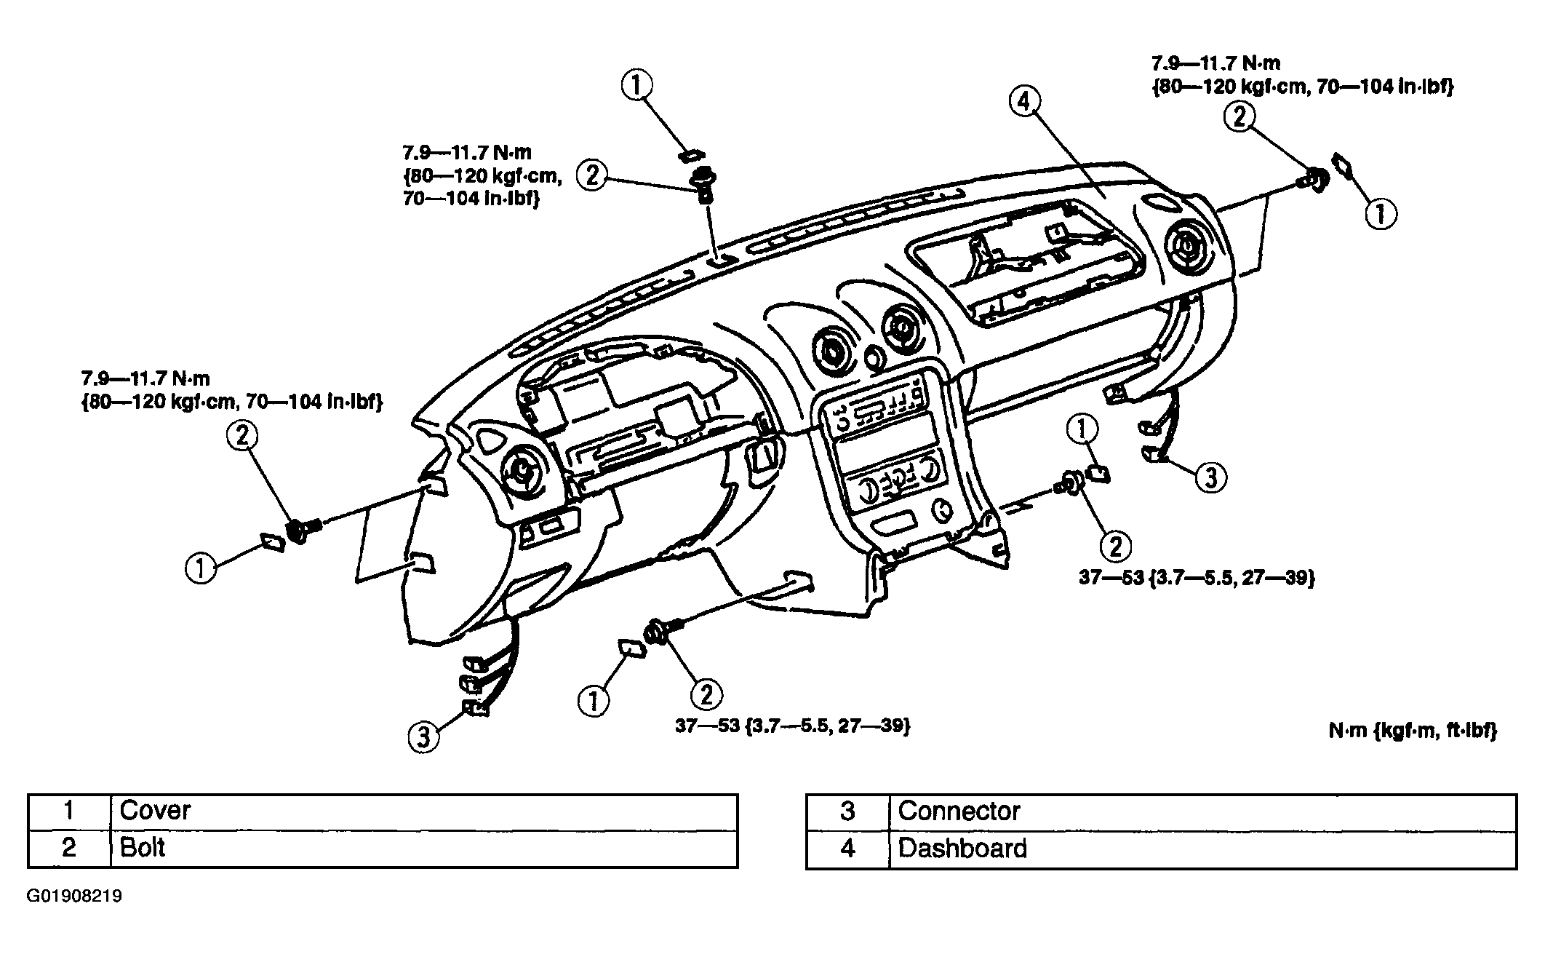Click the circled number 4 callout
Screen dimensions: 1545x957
pyautogui.click(x=1024, y=103)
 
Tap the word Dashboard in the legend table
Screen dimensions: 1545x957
pyautogui.click(x=962, y=849)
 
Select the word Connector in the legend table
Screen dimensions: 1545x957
pyautogui.click(x=959, y=811)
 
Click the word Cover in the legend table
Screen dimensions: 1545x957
pyautogui.click(x=155, y=810)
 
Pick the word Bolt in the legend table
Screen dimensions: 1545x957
pyautogui.click(x=143, y=848)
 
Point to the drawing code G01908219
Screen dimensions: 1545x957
pyautogui.click(x=74, y=896)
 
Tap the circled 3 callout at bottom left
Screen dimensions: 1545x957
pyautogui.click(x=423, y=736)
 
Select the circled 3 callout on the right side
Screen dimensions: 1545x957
pyautogui.click(x=1210, y=478)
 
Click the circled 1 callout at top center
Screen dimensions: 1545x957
pyautogui.click(x=636, y=86)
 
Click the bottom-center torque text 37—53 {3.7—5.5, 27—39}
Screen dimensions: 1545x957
pyautogui.click(x=793, y=726)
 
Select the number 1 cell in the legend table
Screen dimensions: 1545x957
pyautogui.click(x=69, y=811)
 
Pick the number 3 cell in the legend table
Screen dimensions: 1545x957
pyautogui.click(x=847, y=811)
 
